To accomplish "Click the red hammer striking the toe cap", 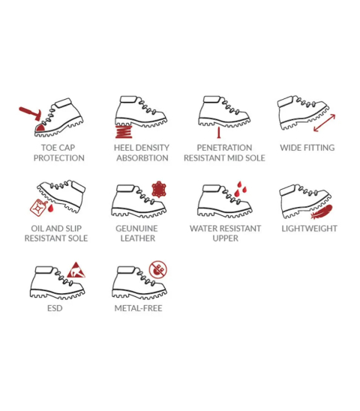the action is point(31,113).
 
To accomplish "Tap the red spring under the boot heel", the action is point(124,132).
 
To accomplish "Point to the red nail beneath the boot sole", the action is point(218,133).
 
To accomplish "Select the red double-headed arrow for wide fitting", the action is point(324,123).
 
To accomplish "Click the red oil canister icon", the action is point(38,207).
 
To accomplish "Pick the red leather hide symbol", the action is point(159,189).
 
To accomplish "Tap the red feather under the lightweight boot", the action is point(322,211).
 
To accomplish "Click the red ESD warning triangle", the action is point(76,270).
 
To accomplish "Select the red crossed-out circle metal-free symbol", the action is point(157,269).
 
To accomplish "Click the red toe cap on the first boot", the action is point(40,127).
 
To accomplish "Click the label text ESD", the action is point(55,308).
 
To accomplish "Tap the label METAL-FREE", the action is point(138,308).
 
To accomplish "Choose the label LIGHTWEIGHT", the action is point(310,229).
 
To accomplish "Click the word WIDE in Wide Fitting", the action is point(290,148).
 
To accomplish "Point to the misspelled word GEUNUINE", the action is point(136,229).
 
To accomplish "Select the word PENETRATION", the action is point(224,148).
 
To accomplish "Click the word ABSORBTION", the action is point(142,158).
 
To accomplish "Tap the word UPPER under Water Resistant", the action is point(226,238).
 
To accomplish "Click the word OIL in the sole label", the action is point(37,229).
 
